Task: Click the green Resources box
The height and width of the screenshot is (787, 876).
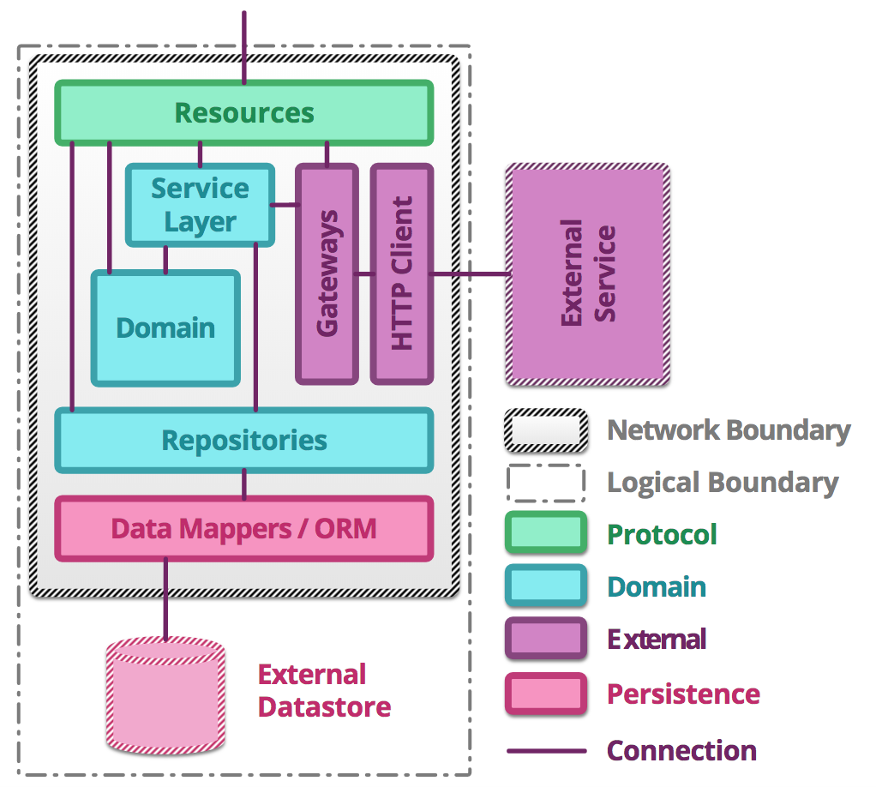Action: (x=244, y=112)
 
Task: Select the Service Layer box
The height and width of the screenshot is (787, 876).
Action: (x=200, y=205)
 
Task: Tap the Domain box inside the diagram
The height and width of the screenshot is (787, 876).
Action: (x=165, y=327)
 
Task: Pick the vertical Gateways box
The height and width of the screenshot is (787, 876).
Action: (x=327, y=273)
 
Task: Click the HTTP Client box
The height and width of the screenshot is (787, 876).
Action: (x=401, y=273)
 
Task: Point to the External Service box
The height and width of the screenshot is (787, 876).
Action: (x=588, y=273)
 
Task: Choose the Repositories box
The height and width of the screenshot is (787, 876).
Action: (x=244, y=440)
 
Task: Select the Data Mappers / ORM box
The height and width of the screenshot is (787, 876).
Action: (x=244, y=528)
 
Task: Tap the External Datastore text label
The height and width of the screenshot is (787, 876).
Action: (x=324, y=691)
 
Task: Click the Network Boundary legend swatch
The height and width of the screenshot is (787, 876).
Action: (x=546, y=430)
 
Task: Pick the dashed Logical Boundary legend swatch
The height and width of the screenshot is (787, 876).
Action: (x=546, y=483)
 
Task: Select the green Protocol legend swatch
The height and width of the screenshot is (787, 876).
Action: (x=546, y=535)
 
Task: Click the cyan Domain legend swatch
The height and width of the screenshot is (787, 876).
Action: (x=546, y=587)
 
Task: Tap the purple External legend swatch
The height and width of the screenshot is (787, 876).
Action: (x=546, y=640)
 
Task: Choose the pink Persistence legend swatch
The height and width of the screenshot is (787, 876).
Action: (x=546, y=694)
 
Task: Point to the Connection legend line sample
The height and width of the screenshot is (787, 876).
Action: (x=546, y=751)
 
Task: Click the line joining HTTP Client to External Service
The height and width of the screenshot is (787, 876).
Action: (x=470, y=274)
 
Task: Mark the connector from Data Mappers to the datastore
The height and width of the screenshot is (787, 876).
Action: (x=165, y=600)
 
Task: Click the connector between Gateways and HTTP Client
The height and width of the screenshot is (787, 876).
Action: (x=364, y=274)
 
